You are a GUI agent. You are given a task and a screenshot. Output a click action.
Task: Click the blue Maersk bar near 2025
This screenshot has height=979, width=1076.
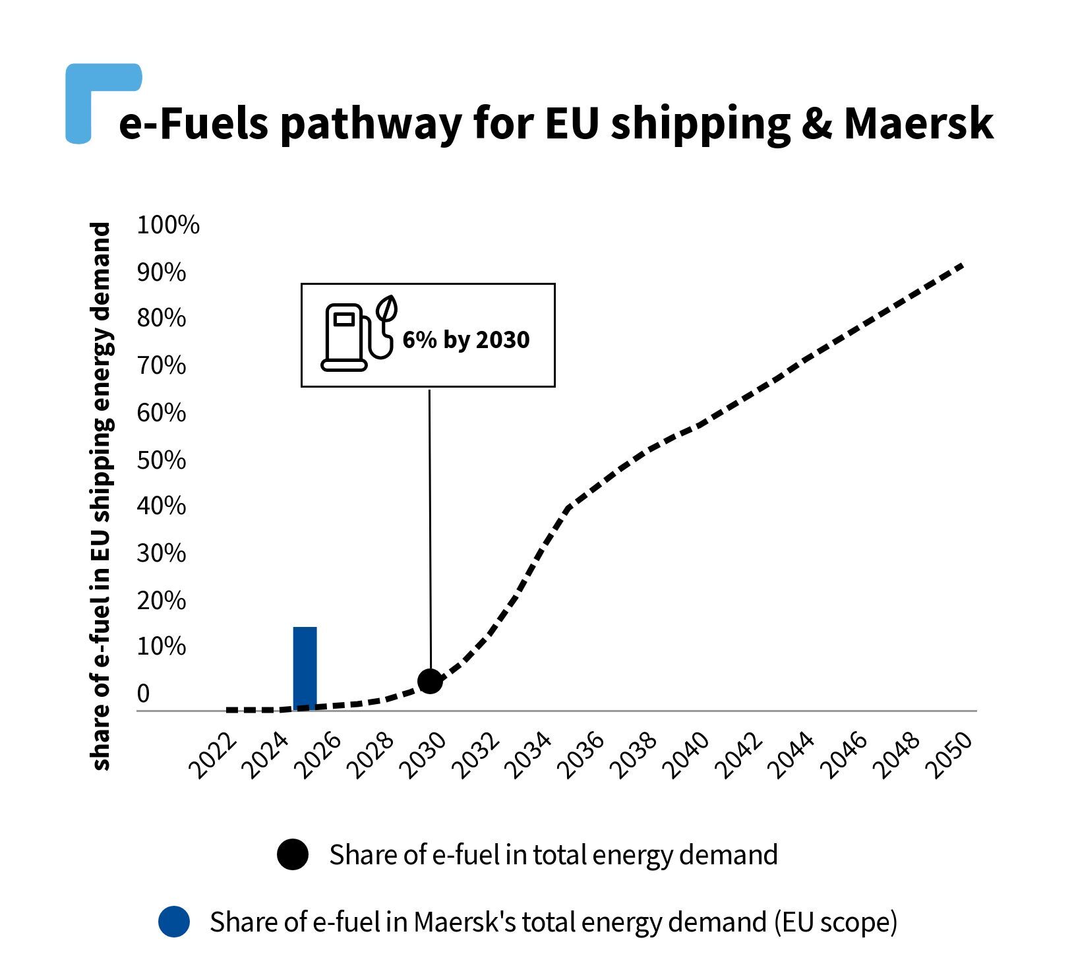point(305,667)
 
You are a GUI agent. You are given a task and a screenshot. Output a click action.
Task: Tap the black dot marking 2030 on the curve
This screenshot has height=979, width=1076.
point(430,681)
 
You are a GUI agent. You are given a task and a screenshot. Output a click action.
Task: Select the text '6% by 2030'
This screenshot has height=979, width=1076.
point(465,340)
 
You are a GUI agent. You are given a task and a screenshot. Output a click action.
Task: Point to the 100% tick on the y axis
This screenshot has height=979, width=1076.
point(167,225)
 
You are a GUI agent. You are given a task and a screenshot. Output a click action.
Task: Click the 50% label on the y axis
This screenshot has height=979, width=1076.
point(161,460)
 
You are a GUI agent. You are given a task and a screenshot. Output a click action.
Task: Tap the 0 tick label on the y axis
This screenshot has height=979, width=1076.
point(143,694)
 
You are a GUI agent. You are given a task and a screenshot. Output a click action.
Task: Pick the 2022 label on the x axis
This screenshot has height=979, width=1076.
point(212,756)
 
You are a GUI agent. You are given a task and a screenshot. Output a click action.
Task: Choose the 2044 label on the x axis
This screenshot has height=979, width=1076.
point(791,756)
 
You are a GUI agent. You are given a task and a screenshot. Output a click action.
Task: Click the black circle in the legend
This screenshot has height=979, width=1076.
point(293,854)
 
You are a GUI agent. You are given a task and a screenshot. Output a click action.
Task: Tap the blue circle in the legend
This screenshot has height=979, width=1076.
point(174,922)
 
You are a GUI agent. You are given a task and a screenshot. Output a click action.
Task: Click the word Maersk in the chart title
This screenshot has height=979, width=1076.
point(918,123)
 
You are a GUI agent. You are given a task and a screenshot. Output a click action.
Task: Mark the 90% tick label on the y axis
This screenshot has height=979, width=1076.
point(161,272)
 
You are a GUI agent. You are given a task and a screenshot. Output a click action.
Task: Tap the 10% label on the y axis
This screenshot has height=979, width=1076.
point(161,647)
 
